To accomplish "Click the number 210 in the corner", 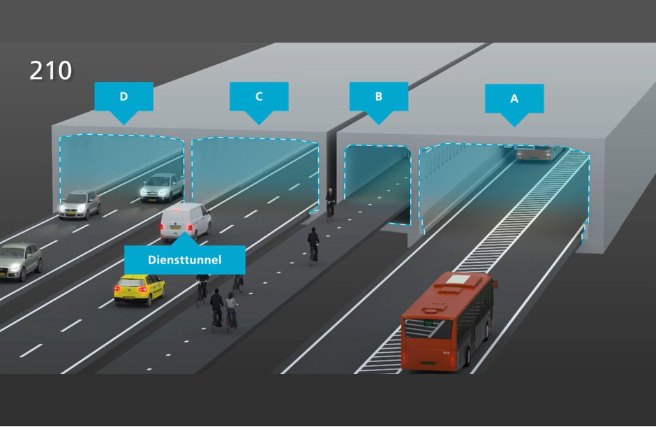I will [51, 70].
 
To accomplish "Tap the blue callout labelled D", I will [124, 97].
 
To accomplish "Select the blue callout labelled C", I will [259, 97].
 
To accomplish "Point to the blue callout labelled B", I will [378, 97].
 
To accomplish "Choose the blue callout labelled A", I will [514, 99].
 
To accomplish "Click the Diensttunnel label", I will [185, 260].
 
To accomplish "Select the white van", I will [185, 221].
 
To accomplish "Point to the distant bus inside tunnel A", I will [539, 153].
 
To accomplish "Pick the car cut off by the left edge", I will [20, 261].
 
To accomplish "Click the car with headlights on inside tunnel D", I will [162, 187].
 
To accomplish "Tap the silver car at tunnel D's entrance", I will [80, 204].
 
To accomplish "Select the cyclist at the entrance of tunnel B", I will [331, 203].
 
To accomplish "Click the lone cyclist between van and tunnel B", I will [313, 245].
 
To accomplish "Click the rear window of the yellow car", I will [131, 282].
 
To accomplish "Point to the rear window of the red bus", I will [426, 324].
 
